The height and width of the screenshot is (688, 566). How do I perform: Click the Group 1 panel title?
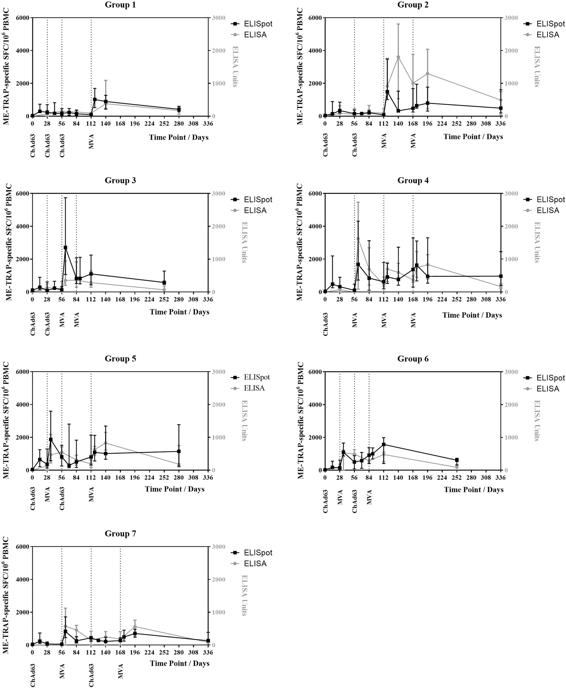point(120,5)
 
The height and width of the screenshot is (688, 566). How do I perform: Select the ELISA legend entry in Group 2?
point(547,35)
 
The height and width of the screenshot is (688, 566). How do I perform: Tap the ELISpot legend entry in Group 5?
point(257,377)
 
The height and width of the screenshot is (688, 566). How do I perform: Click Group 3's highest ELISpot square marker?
point(65,247)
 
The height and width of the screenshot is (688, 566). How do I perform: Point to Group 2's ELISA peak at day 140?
point(398,57)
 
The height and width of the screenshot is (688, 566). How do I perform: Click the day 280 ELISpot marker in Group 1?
point(179,109)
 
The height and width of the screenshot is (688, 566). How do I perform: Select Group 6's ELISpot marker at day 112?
point(384,444)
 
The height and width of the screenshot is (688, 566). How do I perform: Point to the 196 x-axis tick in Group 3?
point(135,299)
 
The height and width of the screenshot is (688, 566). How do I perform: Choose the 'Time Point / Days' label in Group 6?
point(474,490)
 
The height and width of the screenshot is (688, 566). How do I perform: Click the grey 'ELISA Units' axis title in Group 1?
point(235,67)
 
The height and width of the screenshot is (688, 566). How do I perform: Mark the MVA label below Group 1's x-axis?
point(91,142)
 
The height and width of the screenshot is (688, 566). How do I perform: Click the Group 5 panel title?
point(120,359)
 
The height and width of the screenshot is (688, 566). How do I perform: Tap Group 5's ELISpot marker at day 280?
point(179,451)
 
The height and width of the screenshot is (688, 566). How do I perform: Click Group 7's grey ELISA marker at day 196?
point(135,627)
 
